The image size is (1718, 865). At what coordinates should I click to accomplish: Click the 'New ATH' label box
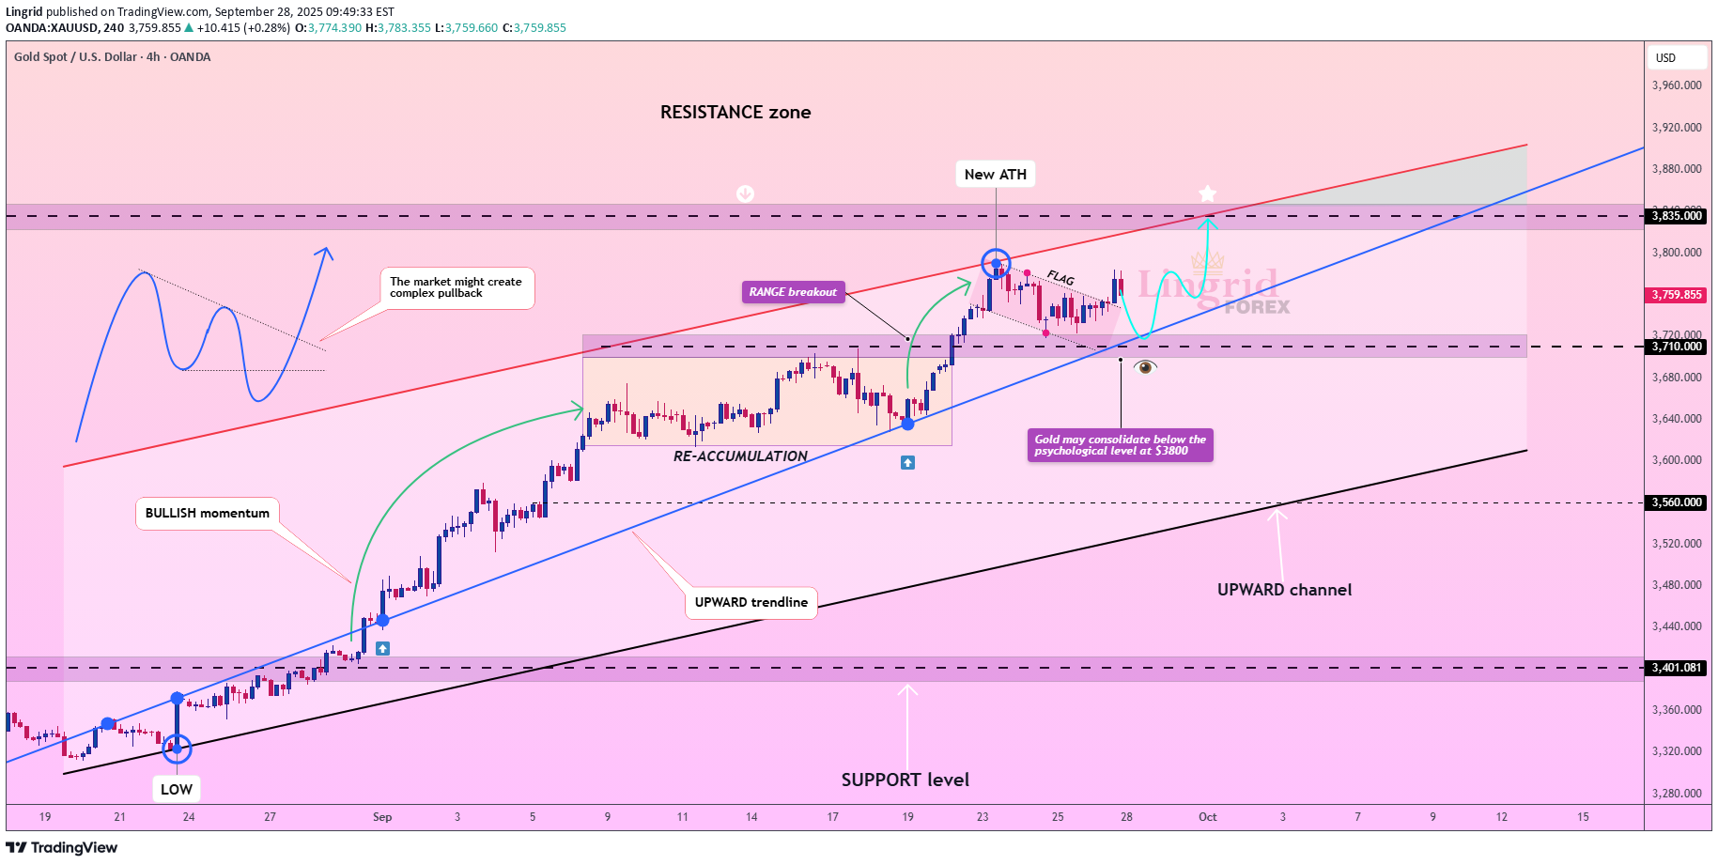point(995,174)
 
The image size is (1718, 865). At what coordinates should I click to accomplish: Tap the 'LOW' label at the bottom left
point(177,789)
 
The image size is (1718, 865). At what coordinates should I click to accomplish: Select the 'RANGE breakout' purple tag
point(793,292)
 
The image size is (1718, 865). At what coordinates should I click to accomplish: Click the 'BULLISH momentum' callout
point(208,513)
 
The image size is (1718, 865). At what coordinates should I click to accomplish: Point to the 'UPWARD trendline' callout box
point(751,602)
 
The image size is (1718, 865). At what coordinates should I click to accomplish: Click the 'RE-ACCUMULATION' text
point(740,456)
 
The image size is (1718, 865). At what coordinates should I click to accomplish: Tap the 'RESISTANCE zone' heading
point(735,112)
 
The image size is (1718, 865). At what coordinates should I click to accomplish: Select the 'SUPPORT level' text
point(905,780)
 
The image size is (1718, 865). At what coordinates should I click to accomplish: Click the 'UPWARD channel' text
point(1284,590)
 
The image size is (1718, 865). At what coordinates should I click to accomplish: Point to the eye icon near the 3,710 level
point(1145,367)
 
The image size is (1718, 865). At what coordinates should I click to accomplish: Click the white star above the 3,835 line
point(1207,194)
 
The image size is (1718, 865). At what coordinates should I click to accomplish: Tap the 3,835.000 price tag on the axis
point(1677,216)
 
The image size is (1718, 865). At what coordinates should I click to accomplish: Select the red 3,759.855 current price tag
point(1677,295)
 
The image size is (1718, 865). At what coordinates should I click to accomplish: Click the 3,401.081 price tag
point(1677,668)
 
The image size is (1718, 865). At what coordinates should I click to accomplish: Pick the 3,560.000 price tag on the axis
point(1677,502)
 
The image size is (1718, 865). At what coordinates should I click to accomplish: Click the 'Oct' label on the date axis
point(1207,817)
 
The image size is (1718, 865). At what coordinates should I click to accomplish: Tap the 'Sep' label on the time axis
point(382,817)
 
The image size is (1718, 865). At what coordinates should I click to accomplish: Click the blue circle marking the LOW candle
point(177,749)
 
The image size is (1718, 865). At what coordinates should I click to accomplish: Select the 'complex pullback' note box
point(457,287)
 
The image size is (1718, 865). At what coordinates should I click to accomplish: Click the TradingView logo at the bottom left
point(62,848)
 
